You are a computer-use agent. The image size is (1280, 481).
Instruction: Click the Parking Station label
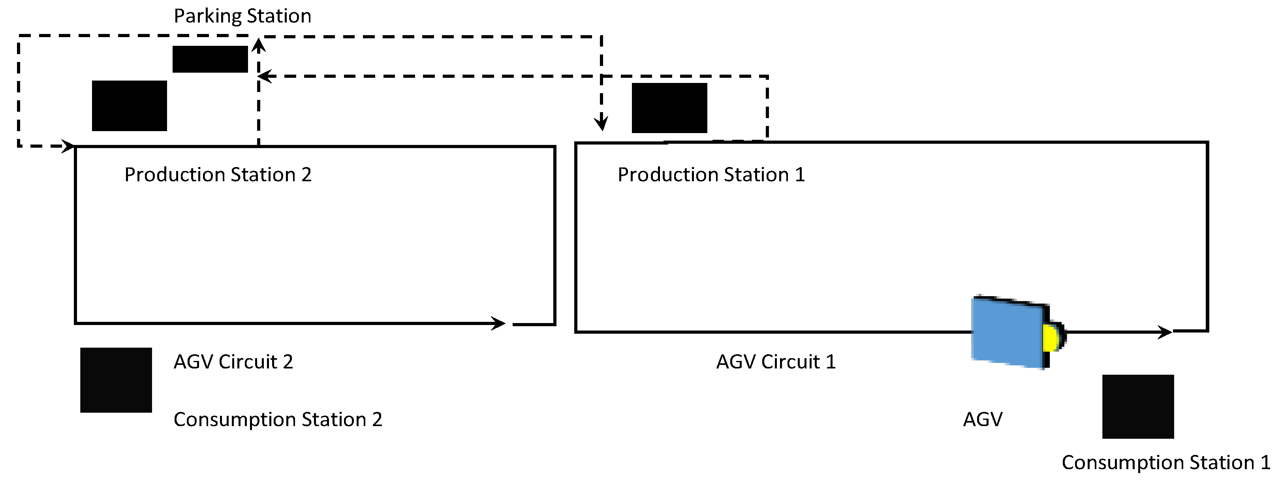click(242, 16)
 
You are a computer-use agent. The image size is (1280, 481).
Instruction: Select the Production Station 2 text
click(218, 175)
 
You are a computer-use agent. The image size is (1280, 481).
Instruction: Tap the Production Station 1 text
click(711, 175)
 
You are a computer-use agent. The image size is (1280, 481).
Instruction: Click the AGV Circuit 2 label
click(233, 362)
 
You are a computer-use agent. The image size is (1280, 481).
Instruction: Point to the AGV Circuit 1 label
click(776, 362)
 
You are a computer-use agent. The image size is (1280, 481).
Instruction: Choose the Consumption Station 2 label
click(278, 419)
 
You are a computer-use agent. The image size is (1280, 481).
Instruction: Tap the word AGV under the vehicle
click(982, 419)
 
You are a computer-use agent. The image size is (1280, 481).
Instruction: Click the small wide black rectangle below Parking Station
click(210, 59)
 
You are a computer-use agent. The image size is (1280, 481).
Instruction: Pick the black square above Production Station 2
click(129, 106)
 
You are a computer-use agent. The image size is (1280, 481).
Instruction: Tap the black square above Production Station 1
click(669, 108)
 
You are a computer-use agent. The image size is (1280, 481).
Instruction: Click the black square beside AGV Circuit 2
click(116, 380)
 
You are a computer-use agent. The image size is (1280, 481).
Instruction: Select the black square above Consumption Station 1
click(1138, 406)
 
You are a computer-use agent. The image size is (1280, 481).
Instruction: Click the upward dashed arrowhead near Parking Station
click(258, 46)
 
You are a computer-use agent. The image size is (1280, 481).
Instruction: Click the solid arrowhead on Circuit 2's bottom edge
click(498, 323)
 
